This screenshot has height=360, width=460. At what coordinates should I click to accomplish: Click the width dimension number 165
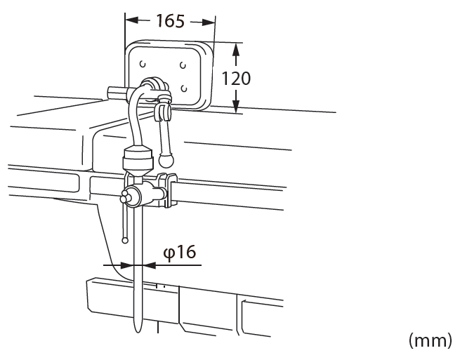[x=171, y=21]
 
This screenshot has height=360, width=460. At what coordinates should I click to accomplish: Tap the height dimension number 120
[x=236, y=79]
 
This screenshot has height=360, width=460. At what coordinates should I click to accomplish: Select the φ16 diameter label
[x=180, y=252]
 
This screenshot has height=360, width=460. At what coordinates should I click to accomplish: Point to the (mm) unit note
[x=431, y=340]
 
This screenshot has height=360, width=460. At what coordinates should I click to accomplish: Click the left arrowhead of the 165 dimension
[x=132, y=20]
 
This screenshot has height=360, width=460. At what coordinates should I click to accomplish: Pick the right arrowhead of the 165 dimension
[x=209, y=22]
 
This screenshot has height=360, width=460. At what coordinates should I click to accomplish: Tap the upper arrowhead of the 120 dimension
[x=236, y=50]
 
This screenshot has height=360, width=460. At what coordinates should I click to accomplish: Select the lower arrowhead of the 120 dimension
[x=236, y=106]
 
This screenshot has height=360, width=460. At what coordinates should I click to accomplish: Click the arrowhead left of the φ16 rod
[x=127, y=265]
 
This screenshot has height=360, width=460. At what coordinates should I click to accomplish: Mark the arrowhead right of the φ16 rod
[x=149, y=265]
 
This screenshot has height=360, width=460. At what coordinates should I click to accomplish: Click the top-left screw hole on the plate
[x=143, y=64]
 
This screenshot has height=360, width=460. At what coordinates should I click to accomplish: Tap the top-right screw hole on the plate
[x=183, y=65]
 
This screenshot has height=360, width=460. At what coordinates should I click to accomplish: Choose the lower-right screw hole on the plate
[x=184, y=88]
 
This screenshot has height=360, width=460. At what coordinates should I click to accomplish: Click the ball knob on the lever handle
[x=166, y=160]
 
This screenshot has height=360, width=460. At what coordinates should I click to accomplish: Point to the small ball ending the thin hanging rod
[x=125, y=241]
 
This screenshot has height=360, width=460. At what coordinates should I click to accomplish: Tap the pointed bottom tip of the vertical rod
[x=138, y=332]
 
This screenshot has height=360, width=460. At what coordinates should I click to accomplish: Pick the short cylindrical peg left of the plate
[x=117, y=93]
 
